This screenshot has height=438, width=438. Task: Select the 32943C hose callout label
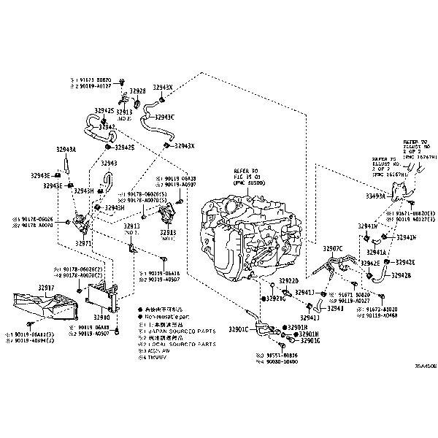(x=164, y=117)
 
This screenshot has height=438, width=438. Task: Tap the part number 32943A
(x=66, y=149)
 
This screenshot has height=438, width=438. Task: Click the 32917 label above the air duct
(x=46, y=288)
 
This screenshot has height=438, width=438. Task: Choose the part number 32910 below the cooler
(x=101, y=318)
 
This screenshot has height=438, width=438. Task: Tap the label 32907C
(x=332, y=249)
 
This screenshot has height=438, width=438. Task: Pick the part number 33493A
(x=376, y=196)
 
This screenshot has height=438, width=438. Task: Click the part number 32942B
(x=401, y=275)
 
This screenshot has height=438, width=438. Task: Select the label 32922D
(x=289, y=280)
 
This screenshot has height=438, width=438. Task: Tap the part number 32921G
(x=275, y=299)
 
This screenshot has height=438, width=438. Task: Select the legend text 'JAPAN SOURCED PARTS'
(x=174, y=330)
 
